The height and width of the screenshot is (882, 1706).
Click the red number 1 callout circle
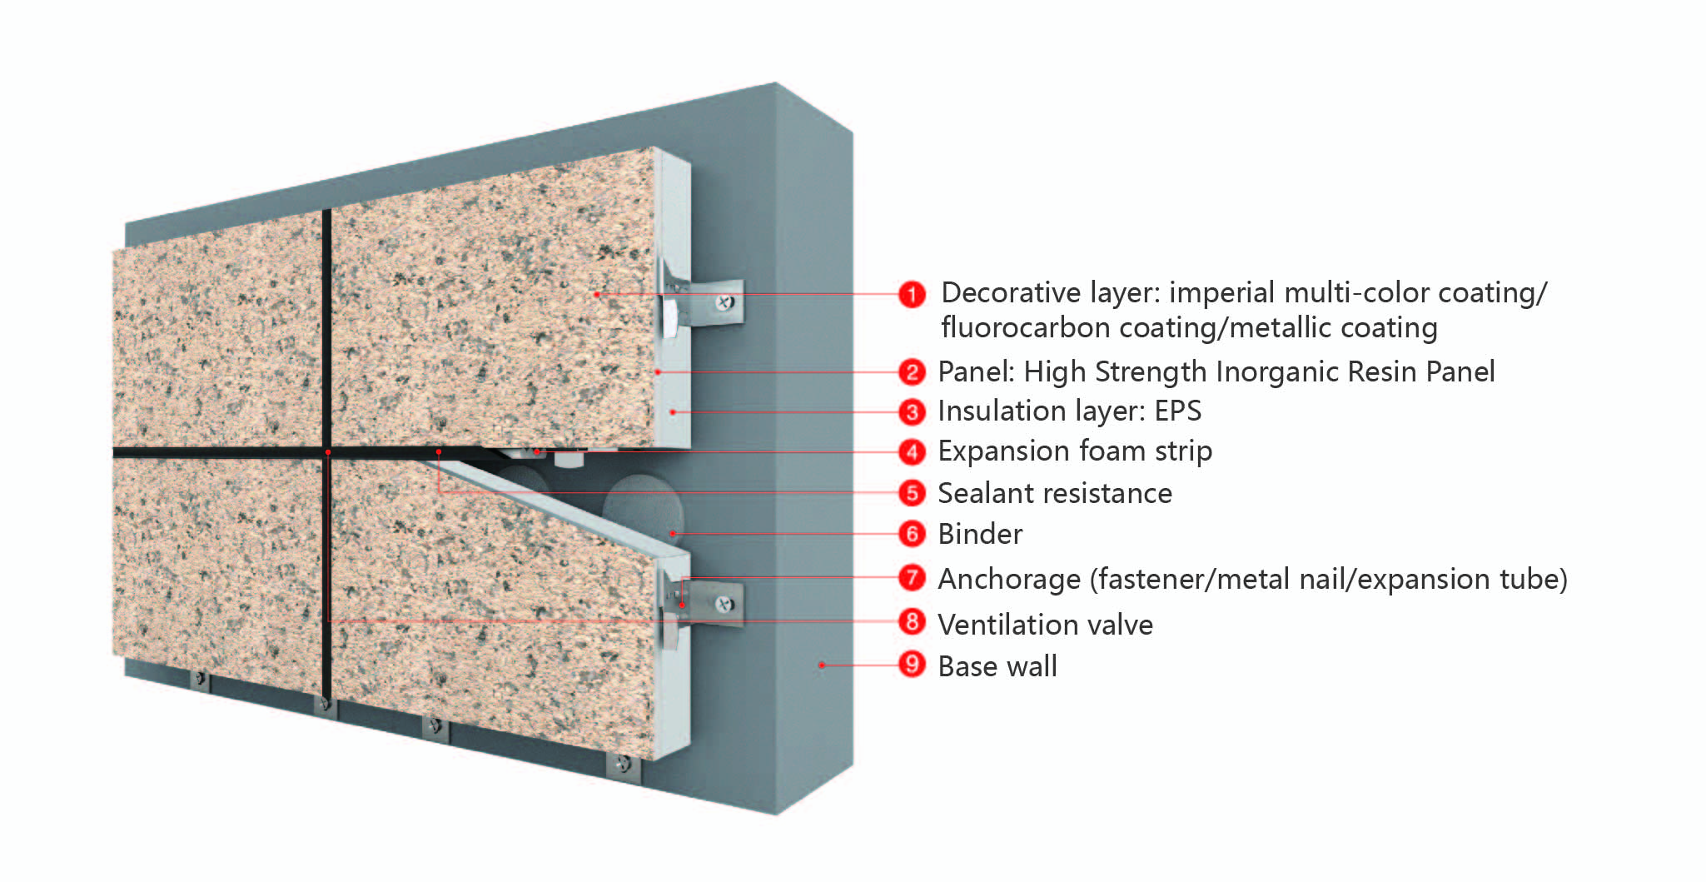click(x=912, y=294)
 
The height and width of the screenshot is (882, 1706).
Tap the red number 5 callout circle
click(x=912, y=493)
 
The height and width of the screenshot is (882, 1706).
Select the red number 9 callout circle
click(x=912, y=665)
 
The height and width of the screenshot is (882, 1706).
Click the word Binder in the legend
click(x=980, y=534)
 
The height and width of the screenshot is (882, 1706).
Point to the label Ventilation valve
click(x=1045, y=625)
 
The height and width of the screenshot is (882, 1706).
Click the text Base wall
click(x=997, y=666)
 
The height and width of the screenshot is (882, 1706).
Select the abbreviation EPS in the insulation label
click(x=1177, y=411)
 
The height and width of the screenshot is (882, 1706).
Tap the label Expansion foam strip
click(x=1074, y=451)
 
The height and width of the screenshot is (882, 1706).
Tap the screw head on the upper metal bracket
click(x=725, y=302)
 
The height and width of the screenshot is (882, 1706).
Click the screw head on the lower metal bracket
click(x=725, y=604)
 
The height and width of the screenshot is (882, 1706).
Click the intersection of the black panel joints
click(x=327, y=452)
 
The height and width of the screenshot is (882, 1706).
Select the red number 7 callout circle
click(x=912, y=577)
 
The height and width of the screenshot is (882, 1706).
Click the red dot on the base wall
click(x=821, y=665)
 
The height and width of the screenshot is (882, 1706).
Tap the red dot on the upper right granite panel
click(x=597, y=294)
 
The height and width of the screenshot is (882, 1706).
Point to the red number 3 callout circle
click(x=912, y=411)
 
